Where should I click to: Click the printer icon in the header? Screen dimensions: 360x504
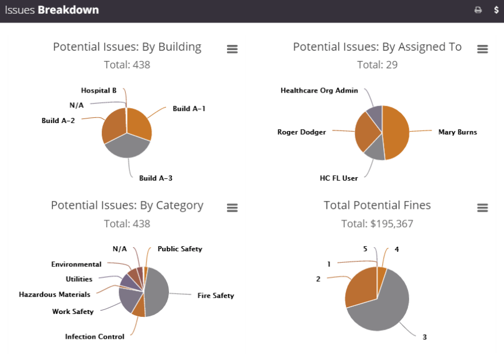478,10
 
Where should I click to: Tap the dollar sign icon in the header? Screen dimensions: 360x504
497,10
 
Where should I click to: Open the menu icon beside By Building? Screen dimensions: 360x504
232,49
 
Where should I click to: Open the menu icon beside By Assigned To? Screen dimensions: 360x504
483,49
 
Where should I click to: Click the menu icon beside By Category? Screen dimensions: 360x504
232,208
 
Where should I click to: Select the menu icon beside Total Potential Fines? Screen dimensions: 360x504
483,208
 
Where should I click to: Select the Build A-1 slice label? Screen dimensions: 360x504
189,108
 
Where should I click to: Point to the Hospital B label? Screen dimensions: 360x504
99,90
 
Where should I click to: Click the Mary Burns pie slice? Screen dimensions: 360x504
397,132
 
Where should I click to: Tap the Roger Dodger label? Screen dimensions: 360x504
302,132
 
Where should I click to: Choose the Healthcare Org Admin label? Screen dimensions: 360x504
320,90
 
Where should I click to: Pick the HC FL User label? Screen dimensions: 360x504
339,178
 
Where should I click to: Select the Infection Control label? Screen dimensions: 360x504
95,337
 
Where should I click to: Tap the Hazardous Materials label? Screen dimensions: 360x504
55,294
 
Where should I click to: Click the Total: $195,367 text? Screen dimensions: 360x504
377,224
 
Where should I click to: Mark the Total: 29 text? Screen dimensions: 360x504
377,65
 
